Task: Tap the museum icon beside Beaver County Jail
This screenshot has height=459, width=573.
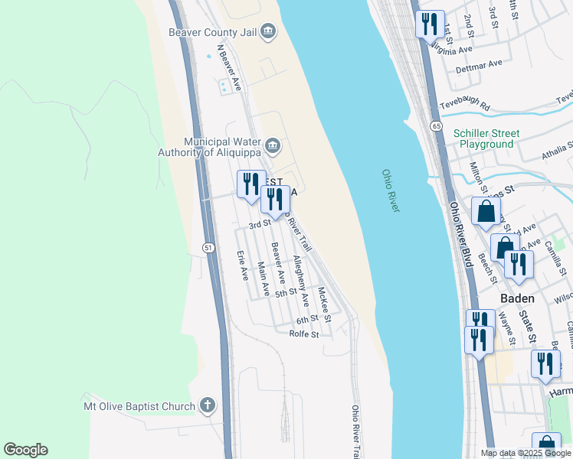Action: coord(267,31)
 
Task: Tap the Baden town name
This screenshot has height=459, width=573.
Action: coord(517,298)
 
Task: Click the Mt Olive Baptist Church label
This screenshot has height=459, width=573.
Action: coord(139,405)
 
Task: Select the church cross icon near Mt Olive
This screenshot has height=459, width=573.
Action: coord(208,405)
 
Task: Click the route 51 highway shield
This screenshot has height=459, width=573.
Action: coord(208,247)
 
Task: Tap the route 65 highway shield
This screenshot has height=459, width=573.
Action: coord(436,125)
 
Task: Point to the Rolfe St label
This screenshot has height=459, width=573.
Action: coord(303,334)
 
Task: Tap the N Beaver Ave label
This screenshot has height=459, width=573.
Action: coord(229,67)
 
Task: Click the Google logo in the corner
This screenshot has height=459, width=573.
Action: coord(25,450)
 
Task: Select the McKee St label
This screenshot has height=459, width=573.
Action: coord(325,304)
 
